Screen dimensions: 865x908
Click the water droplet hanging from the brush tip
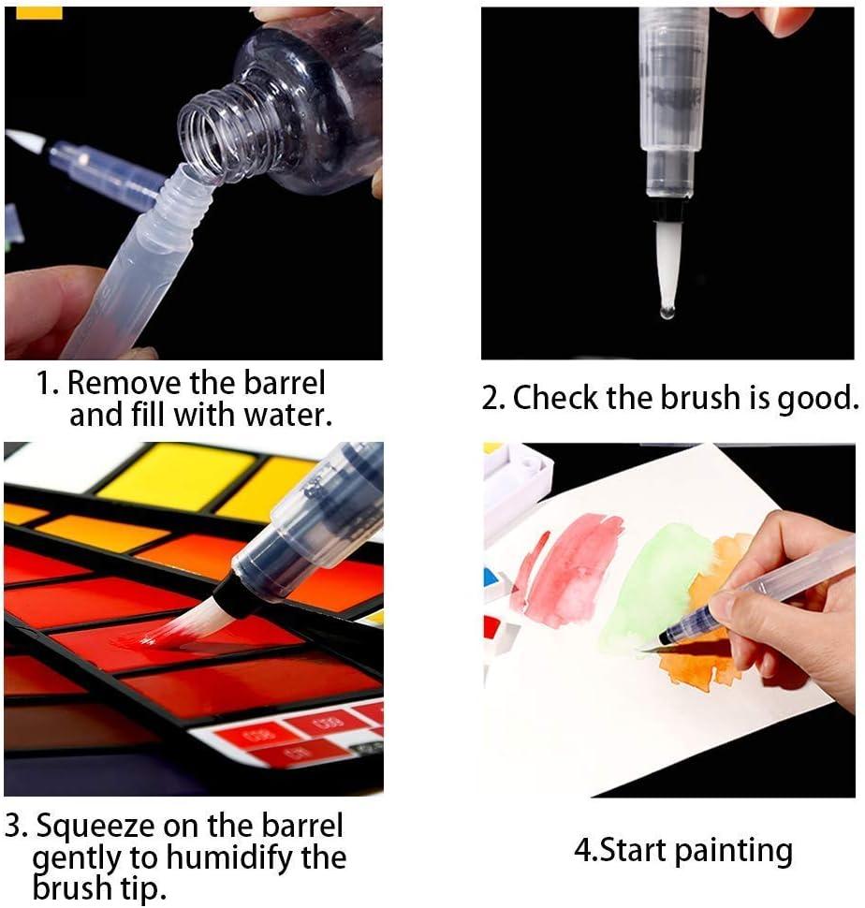pyautogui.click(x=667, y=312)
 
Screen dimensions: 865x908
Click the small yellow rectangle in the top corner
pyautogui.click(x=38, y=13)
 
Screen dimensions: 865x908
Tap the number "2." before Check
pyautogui.click(x=493, y=399)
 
